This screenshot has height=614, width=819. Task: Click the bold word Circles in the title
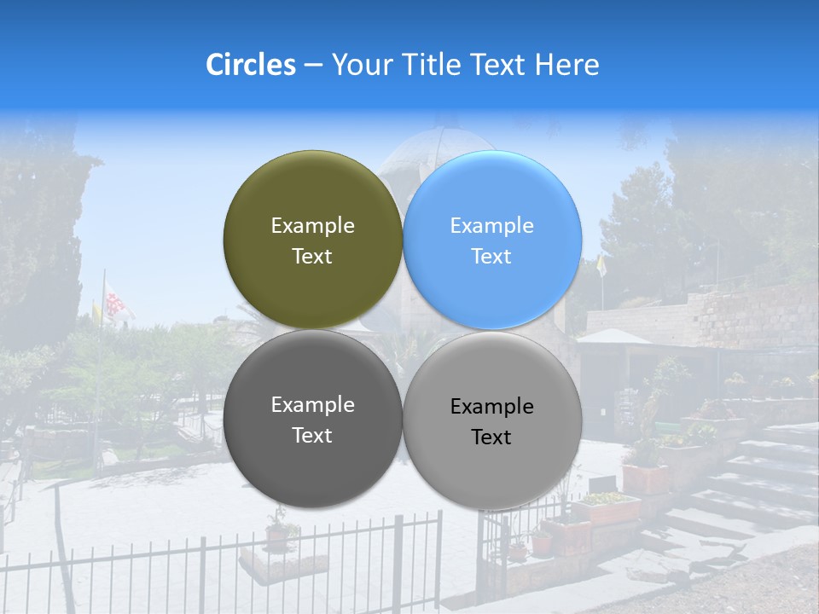250,65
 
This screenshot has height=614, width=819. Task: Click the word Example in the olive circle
312,226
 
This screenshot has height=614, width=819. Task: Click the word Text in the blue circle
491,257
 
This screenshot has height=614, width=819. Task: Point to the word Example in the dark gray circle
312,405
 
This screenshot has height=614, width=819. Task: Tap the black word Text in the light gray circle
491,437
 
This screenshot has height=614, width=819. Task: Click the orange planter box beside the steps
645,478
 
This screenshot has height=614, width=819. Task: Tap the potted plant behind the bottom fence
278,533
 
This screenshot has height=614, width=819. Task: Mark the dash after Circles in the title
312,66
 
